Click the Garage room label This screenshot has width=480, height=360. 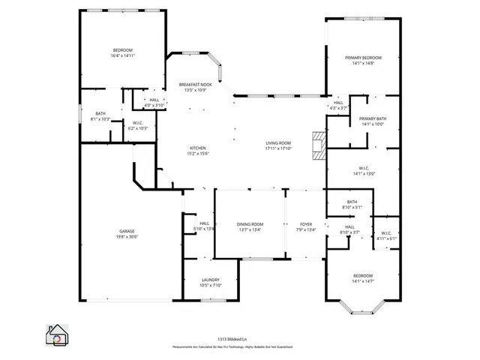click(126, 234)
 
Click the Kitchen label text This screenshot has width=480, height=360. click(198, 151)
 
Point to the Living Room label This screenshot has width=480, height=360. click(277, 145)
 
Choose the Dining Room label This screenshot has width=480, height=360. click(250, 227)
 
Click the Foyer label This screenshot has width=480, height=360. click(306, 227)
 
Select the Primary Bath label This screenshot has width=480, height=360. click(372, 121)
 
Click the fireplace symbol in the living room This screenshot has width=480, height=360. click(319, 145)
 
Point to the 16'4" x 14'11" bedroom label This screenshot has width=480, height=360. click(122, 52)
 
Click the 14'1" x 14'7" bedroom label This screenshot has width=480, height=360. click(363, 278)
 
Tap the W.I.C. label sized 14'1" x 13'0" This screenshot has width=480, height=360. click(363, 170)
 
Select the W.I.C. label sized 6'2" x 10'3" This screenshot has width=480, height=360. click(138, 125)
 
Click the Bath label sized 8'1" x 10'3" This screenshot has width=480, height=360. click(100, 116)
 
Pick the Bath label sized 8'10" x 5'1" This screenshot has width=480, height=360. click(352, 204)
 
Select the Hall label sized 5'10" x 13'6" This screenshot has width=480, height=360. click(204, 225)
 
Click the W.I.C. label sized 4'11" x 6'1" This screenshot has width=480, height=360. click(388, 235)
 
